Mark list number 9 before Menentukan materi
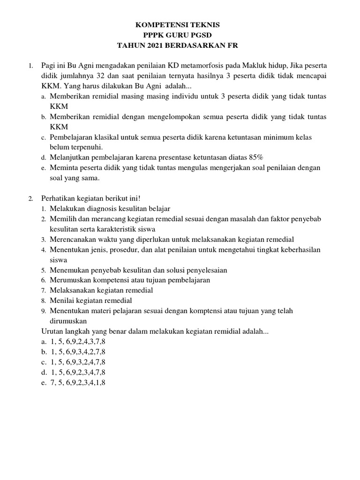43,311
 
